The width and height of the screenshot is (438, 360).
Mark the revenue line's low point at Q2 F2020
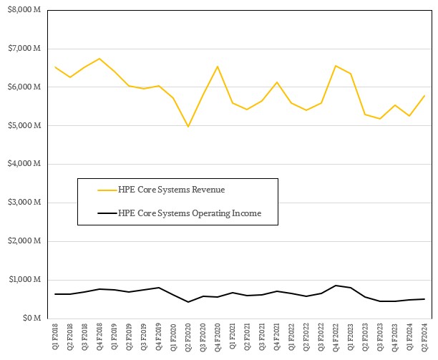188,127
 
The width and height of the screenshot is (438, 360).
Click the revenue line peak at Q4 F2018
99,59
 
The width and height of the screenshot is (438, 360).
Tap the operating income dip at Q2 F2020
188,302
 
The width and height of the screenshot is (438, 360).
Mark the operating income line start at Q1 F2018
55,293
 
